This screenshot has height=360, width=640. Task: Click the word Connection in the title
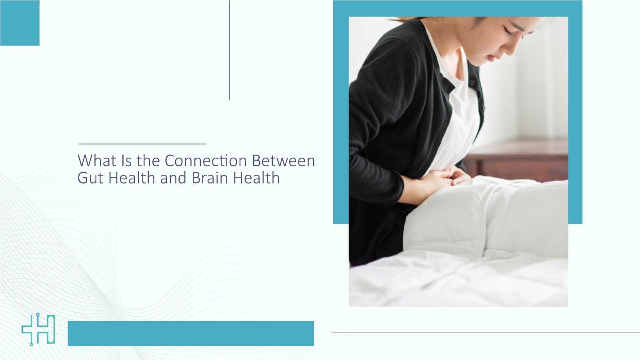coord(206,161)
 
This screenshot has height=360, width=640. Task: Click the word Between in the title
coord(283,161)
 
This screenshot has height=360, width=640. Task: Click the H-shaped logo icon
coord(38,329)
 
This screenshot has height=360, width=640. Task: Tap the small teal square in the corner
coord(20,23)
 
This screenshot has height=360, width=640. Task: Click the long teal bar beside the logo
coord(190,333)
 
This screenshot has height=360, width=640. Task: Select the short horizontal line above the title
coord(142,144)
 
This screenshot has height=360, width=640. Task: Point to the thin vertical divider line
coord(230,50)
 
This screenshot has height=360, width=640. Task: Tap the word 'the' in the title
coord(148,161)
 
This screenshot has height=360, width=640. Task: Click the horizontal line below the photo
coord(486,333)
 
